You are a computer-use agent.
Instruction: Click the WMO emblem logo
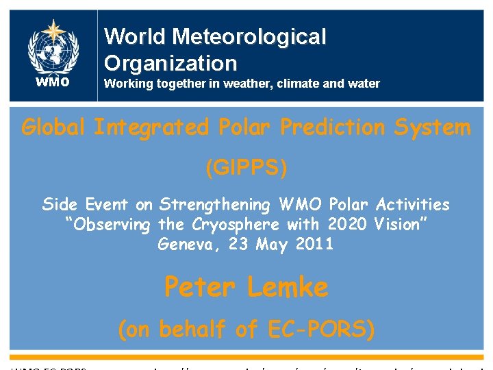pyautogui.click(x=53, y=47)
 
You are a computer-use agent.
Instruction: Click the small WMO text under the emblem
pyautogui.click(x=53, y=83)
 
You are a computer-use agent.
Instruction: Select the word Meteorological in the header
pyautogui.click(x=251, y=36)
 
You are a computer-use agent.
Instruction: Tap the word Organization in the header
pyautogui.click(x=170, y=63)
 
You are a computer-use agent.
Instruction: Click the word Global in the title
pyautogui.click(x=54, y=127)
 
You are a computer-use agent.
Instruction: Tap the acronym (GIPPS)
pyautogui.click(x=246, y=168)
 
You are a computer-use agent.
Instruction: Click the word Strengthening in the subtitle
pyautogui.click(x=216, y=204)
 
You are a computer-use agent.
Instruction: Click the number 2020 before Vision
pyautogui.click(x=347, y=225)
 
